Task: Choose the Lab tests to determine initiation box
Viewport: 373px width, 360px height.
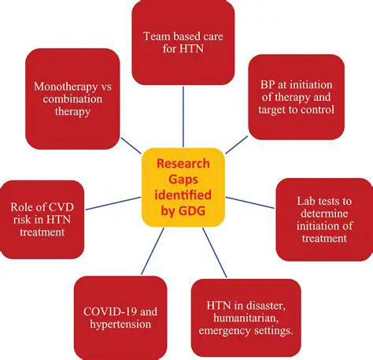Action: point(324,220)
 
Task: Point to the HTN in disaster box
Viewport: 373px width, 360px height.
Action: point(246,314)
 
